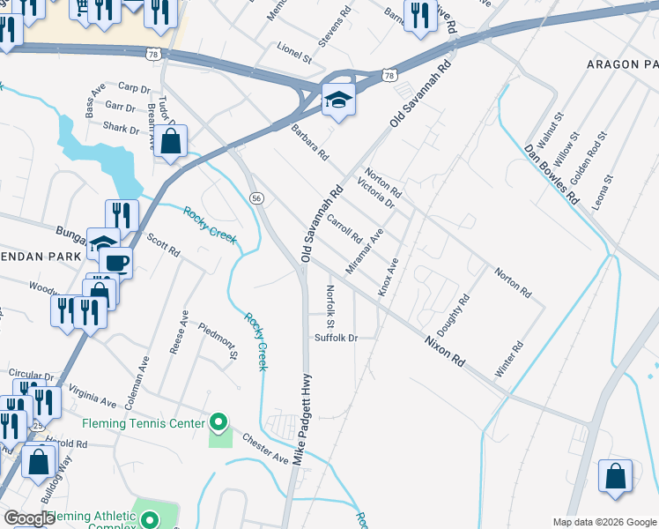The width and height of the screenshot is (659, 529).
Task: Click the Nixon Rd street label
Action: [444, 350]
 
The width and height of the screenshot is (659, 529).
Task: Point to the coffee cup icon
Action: [115, 263]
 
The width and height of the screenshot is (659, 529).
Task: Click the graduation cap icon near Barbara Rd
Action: [337, 101]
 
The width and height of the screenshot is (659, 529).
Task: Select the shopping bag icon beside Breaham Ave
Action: [171, 141]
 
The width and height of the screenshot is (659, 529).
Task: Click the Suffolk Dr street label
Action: [336, 338]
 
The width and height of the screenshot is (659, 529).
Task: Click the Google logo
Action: [29, 518]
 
